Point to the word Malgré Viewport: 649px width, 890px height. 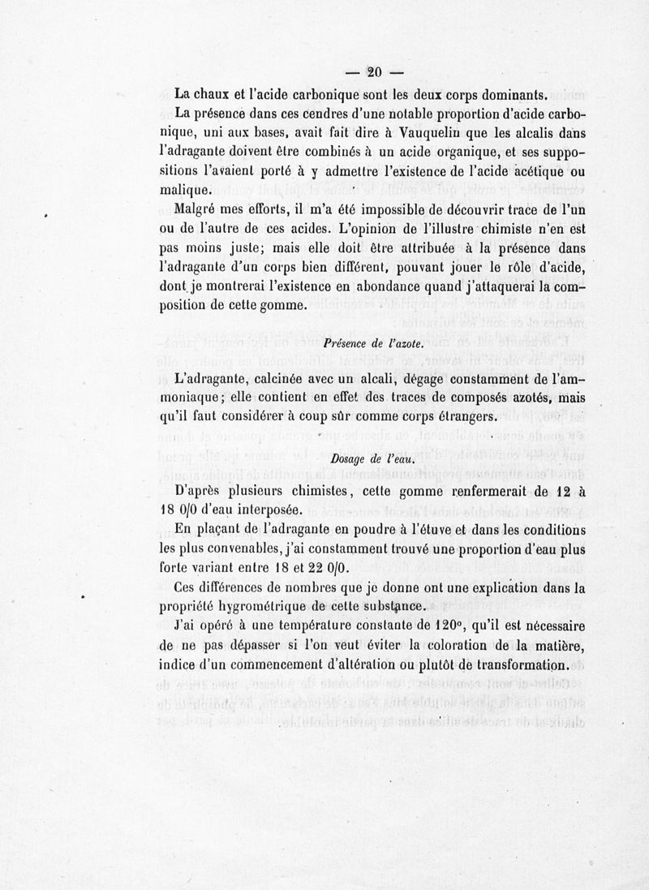[199, 209]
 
